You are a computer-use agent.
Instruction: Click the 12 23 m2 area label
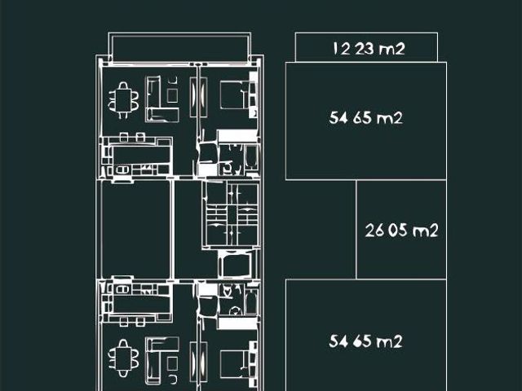[x=369, y=49]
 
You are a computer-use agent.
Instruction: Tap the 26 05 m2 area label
[x=401, y=230]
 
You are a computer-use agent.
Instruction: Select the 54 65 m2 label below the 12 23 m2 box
[x=366, y=118]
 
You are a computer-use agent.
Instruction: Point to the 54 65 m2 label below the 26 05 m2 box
[x=366, y=341]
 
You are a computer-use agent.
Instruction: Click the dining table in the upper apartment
[x=123, y=100]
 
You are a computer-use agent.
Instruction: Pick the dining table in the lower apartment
[x=123, y=358]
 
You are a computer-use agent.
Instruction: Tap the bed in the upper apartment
[x=234, y=95]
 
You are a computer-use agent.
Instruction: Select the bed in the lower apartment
[x=234, y=364]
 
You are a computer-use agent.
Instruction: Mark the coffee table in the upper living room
[x=172, y=95]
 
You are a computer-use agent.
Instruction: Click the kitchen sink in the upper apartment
[x=122, y=170]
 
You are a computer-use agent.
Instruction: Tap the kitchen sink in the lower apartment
[x=122, y=289]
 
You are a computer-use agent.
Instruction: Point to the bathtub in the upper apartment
[x=250, y=159]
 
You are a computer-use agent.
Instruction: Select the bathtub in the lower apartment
[x=250, y=301]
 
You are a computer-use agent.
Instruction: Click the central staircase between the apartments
[x=231, y=213]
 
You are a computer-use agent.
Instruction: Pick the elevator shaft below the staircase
[x=237, y=265]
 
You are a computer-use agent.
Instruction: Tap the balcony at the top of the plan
[x=179, y=47]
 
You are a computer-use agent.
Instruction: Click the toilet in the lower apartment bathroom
[x=236, y=311]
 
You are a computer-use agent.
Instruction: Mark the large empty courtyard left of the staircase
[x=136, y=230]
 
